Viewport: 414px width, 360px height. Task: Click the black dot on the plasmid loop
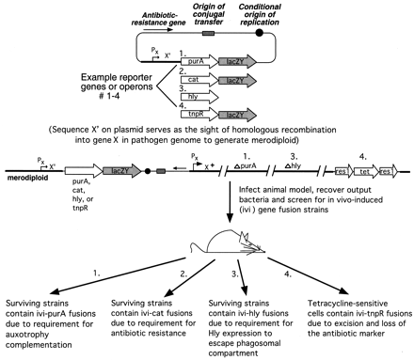click(x=259, y=32)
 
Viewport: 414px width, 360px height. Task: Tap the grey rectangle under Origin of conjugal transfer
click(x=208, y=33)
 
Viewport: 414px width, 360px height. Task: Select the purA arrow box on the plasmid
click(x=199, y=62)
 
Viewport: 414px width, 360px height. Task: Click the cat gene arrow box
click(x=199, y=81)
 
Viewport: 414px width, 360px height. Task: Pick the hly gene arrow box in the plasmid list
click(x=199, y=97)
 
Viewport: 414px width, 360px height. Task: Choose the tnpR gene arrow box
click(x=199, y=115)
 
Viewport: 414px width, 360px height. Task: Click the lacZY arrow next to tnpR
click(x=237, y=115)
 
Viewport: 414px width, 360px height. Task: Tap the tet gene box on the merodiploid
click(x=366, y=171)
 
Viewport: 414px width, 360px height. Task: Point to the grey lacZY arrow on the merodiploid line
click(x=122, y=171)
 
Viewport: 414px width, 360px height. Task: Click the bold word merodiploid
click(x=27, y=178)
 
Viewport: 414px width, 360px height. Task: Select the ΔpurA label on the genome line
click(x=246, y=166)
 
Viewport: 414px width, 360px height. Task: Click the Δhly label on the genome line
click(x=293, y=166)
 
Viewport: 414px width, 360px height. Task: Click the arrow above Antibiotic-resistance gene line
click(x=158, y=30)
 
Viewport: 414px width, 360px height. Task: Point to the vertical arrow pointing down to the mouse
click(x=230, y=202)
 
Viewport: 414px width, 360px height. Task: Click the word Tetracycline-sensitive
click(x=347, y=304)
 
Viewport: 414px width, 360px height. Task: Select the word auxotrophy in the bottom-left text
click(x=27, y=335)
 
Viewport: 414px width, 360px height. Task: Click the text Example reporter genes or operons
click(x=117, y=82)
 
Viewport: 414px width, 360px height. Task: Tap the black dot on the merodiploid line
click(x=148, y=171)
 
